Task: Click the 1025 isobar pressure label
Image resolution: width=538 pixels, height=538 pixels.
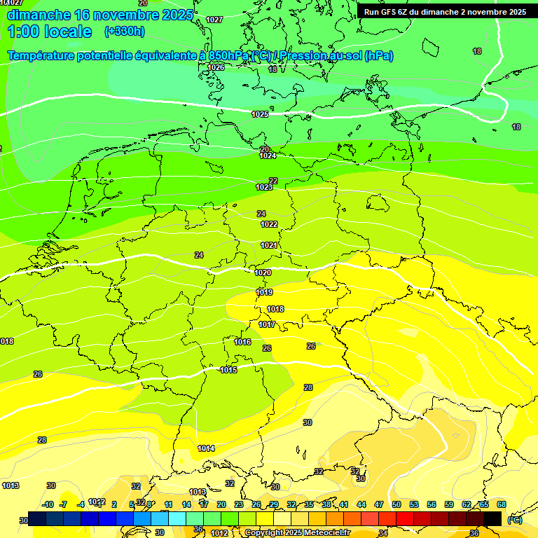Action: pyautogui.click(x=260, y=114)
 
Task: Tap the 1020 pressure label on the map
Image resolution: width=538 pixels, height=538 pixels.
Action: pyautogui.click(x=263, y=273)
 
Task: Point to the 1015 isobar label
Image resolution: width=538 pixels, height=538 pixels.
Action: pyautogui.click(x=228, y=370)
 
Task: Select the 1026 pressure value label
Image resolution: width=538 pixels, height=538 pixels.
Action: pyautogui.click(x=216, y=67)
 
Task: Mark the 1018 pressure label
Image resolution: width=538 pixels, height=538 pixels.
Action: pyautogui.click(x=275, y=309)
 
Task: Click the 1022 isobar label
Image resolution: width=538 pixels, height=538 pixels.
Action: pyautogui.click(x=269, y=224)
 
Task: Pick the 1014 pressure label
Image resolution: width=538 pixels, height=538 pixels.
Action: pyautogui.click(x=206, y=448)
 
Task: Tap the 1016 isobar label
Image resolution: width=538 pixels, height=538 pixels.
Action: pyautogui.click(x=242, y=342)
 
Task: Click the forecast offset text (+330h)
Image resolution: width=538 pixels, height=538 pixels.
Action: pyautogui.click(x=125, y=31)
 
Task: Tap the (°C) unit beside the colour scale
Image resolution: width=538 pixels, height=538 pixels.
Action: pyautogui.click(x=515, y=520)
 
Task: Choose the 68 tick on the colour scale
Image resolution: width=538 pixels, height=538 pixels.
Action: pyautogui.click(x=502, y=504)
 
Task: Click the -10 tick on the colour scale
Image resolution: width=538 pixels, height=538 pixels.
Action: pyautogui.click(x=48, y=504)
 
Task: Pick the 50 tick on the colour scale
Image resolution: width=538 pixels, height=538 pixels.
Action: pyautogui.click(x=396, y=504)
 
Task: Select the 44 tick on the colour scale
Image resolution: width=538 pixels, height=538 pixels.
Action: pyautogui.click(x=361, y=504)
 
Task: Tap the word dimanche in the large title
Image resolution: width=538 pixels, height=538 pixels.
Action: pyautogui.click(x=38, y=15)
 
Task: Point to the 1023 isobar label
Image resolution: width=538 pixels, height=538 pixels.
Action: pyautogui.click(x=264, y=187)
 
